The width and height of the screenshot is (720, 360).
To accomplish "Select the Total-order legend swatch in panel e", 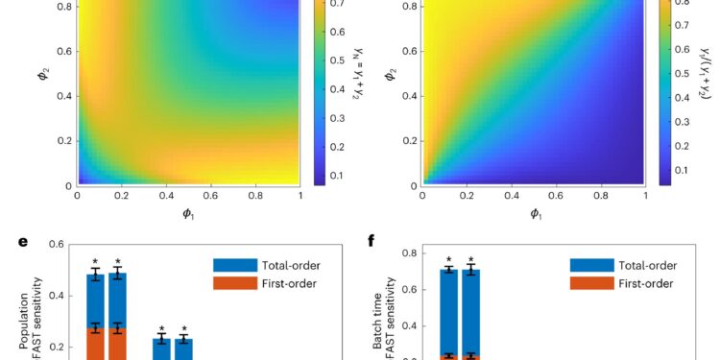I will tap(231, 263).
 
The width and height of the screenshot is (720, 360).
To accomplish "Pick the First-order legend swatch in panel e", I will tap(231, 283).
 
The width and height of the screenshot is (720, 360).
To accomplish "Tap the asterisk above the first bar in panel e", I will tap(95, 262).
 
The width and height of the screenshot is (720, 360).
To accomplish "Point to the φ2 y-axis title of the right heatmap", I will tap(393, 96).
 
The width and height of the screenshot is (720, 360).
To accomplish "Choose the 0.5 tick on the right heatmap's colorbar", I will tap(682, 71).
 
